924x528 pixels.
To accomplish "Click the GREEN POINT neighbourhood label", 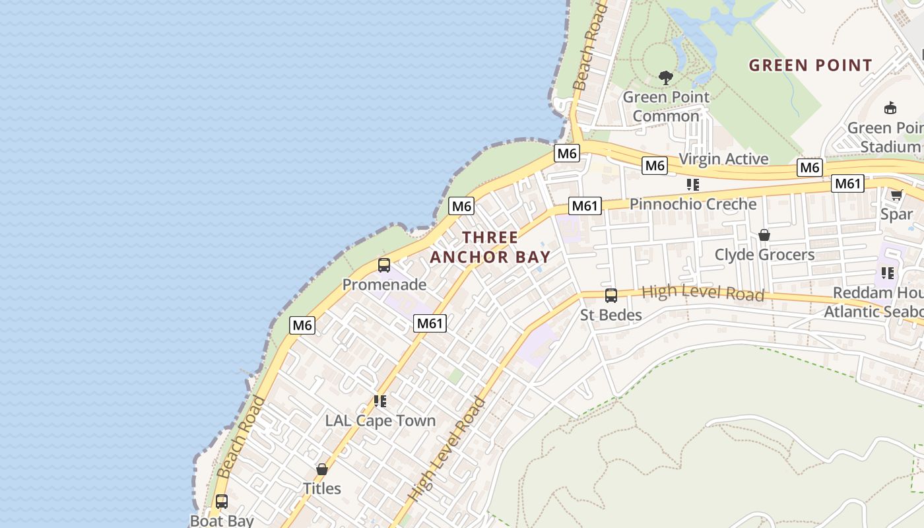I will pos(810,65).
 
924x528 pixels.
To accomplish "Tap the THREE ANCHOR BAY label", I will pos(490,247).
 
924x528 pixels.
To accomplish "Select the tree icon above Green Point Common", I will pos(666,78).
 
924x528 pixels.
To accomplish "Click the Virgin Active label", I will pos(723,159).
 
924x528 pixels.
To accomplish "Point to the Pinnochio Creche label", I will pos(693,204).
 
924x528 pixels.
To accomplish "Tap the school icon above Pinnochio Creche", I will pos(692,184).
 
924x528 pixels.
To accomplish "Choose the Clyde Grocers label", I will pos(764,255).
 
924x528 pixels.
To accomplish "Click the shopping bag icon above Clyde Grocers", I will pos(764,235).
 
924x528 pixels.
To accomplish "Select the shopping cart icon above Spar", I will pos(896,195).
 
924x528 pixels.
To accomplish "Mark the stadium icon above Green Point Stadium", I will pos(890,108).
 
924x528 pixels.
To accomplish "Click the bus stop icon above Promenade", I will pos(384,265).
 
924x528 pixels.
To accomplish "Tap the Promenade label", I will pos(384,285).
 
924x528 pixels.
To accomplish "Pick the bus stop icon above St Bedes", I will pos(611,296).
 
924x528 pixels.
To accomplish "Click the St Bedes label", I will pos(611,315).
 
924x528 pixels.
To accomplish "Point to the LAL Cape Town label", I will pos(380,421).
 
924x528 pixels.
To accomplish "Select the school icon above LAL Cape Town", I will pos(379,401).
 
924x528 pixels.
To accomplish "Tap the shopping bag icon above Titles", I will pos(322,469).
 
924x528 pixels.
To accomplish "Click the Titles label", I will pos(322,489).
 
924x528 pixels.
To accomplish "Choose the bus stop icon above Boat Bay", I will pos(222,502).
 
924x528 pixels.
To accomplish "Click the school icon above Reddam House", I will pos(888,273).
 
